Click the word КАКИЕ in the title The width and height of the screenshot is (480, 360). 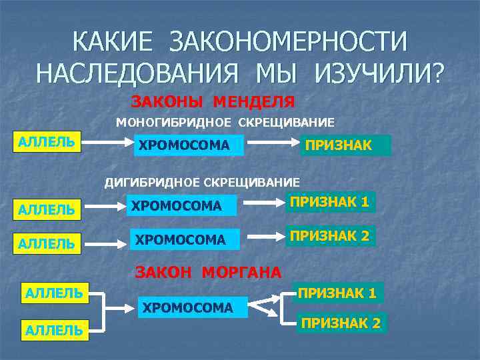click(114, 41)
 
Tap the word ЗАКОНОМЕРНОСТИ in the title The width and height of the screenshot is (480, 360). click(287, 41)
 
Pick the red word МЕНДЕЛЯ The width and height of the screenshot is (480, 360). click(254, 102)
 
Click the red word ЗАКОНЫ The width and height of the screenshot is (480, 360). click(167, 102)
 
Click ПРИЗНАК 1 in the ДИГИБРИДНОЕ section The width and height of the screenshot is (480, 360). click(330, 201)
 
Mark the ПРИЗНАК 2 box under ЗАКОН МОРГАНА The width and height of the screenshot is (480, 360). click(341, 323)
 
